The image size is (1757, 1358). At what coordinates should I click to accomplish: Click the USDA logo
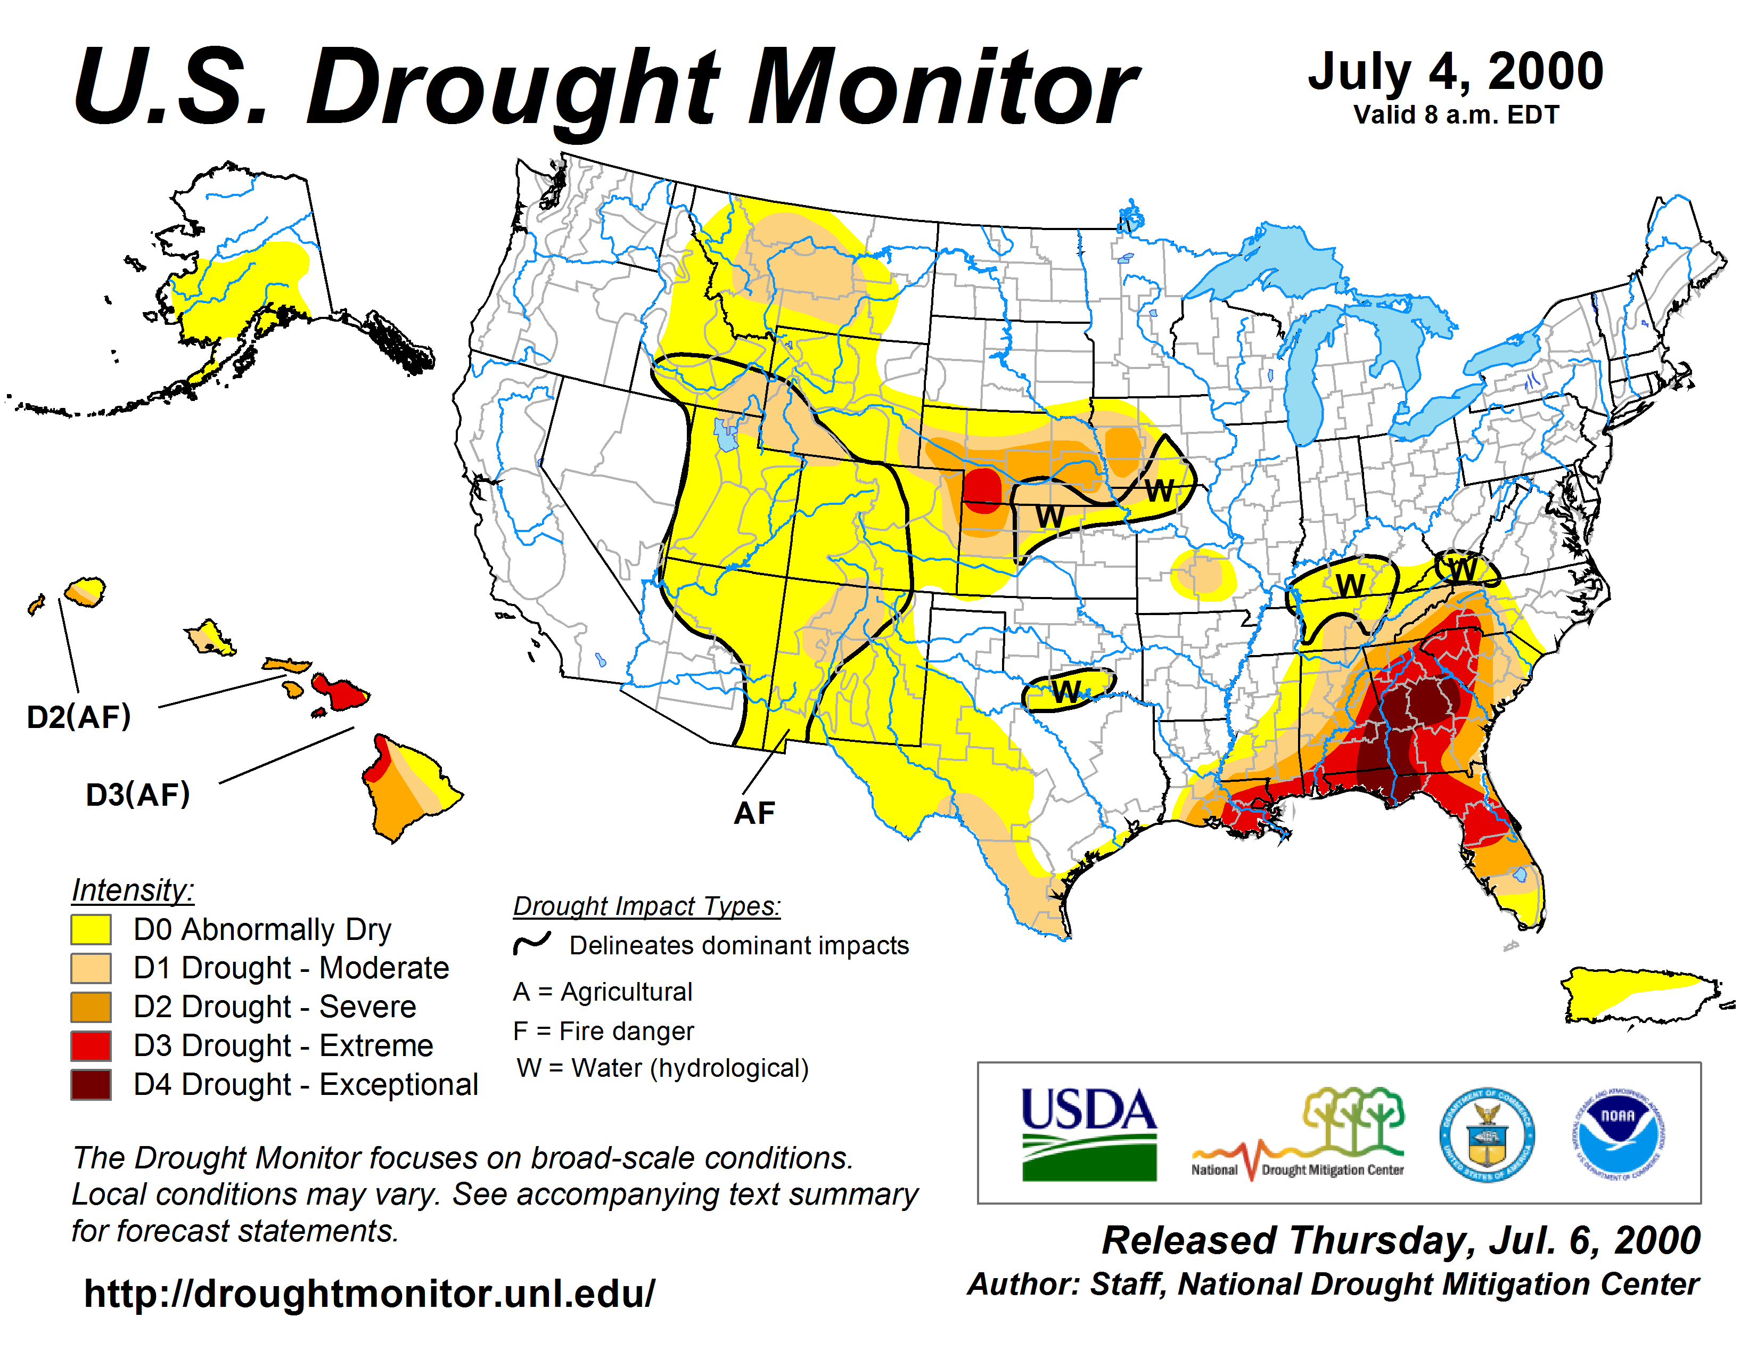(x=1088, y=1134)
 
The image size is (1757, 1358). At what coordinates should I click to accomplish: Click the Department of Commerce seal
(x=1486, y=1134)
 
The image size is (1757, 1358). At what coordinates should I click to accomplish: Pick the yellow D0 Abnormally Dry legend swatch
(x=91, y=929)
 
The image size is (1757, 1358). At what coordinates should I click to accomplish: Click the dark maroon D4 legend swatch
(x=91, y=1084)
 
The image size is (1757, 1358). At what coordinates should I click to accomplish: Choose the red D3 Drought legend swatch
(x=91, y=1045)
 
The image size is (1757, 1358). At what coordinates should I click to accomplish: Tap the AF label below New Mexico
(x=754, y=813)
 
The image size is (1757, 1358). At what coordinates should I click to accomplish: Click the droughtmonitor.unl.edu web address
(x=370, y=1294)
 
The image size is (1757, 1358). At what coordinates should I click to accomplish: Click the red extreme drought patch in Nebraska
(x=982, y=487)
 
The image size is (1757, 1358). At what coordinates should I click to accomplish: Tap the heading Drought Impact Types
(x=647, y=906)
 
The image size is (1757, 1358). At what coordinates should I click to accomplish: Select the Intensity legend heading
(x=133, y=890)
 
